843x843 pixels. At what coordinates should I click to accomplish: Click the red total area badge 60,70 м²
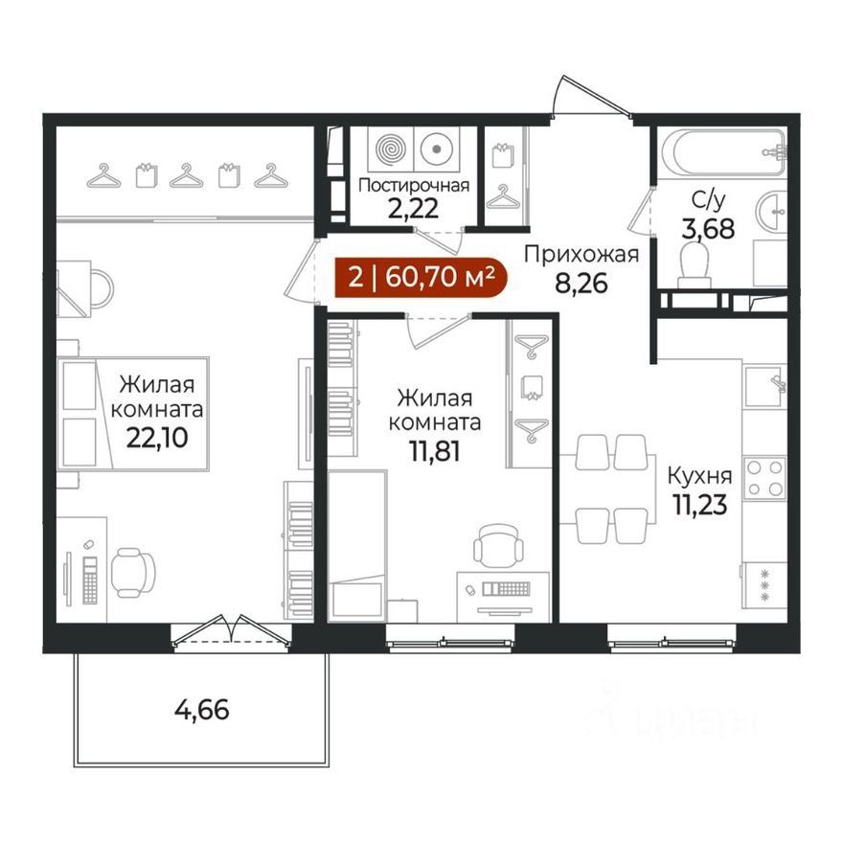[x=421, y=277]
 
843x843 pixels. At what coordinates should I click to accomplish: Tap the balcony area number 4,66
[x=202, y=710]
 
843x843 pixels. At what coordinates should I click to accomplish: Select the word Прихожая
[x=581, y=255]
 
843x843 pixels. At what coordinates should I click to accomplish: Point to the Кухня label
[x=699, y=476]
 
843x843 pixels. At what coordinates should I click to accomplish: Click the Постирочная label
[x=414, y=186]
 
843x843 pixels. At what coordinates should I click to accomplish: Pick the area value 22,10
[x=157, y=438]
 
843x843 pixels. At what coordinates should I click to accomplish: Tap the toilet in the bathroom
[x=695, y=263]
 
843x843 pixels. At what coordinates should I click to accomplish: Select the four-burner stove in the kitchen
[x=764, y=477]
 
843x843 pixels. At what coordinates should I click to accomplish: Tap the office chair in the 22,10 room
[x=133, y=573]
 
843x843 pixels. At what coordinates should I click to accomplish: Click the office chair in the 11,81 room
[x=498, y=545]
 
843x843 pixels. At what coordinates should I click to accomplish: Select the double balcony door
[x=231, y=630]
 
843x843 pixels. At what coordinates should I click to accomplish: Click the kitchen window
[x=672, y=640]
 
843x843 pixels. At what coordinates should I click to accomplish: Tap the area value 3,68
[x=708, y=229]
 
